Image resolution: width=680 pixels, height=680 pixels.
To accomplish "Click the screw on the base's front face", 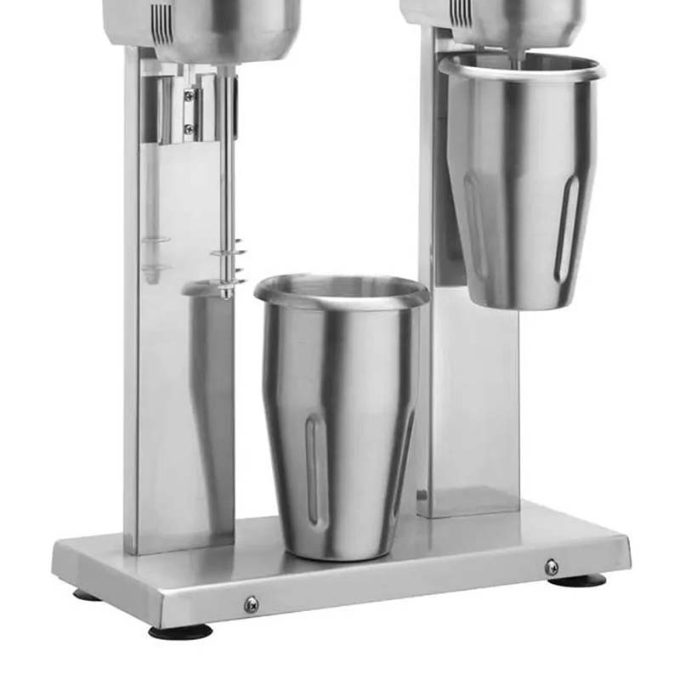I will pos(251,604).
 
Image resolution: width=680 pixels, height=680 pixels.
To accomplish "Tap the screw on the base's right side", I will pos(552,567).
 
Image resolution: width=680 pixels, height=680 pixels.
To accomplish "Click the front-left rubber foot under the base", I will pos(179,632).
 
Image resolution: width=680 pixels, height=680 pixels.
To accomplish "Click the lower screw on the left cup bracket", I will pos(189,129).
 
